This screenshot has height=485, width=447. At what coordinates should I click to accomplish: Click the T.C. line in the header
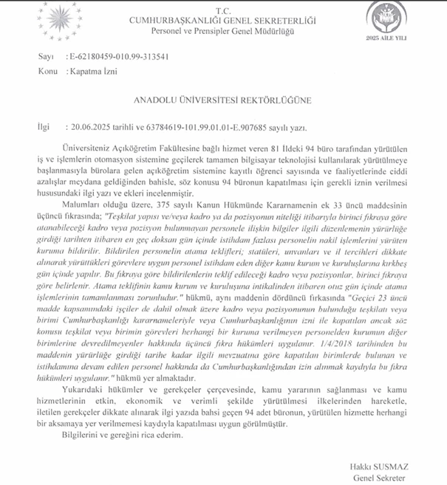224,10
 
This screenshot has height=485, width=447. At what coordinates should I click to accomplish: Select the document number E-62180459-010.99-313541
117,57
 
